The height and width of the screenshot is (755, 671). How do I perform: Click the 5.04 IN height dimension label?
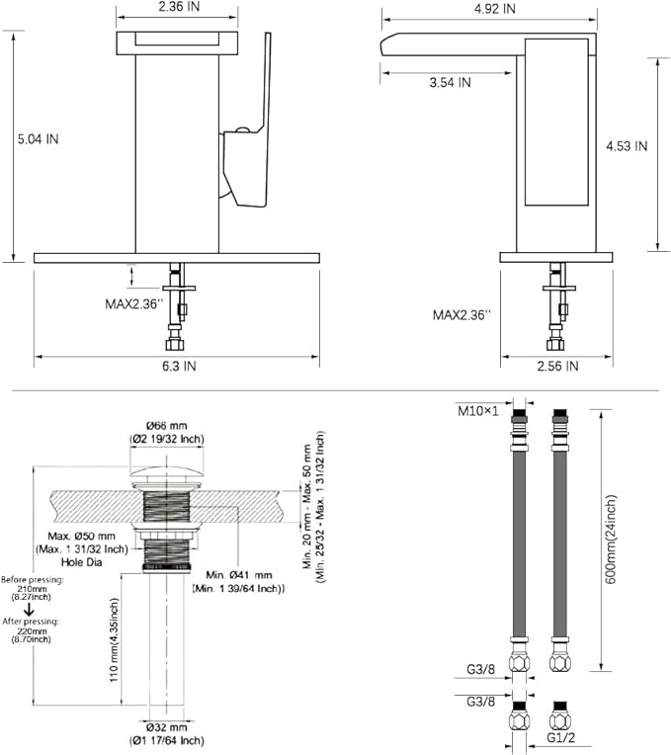tap(38, 139)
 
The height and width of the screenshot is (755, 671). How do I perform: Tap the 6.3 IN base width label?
tap(179, 366)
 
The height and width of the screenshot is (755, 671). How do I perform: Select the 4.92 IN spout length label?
tap(495, 9)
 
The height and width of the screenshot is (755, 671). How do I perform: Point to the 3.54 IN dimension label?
tap(450, 82)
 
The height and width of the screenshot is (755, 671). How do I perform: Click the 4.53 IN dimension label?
tap(627, 146)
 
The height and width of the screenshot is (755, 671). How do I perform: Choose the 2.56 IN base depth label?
tap(558, 366)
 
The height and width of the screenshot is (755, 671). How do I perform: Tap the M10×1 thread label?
tap(478, 411)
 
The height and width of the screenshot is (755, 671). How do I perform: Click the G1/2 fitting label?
tap(561, 737)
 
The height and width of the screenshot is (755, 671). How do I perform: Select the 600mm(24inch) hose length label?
tap(611, 540)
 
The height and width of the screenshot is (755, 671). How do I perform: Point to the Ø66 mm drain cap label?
tap(167, 426)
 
